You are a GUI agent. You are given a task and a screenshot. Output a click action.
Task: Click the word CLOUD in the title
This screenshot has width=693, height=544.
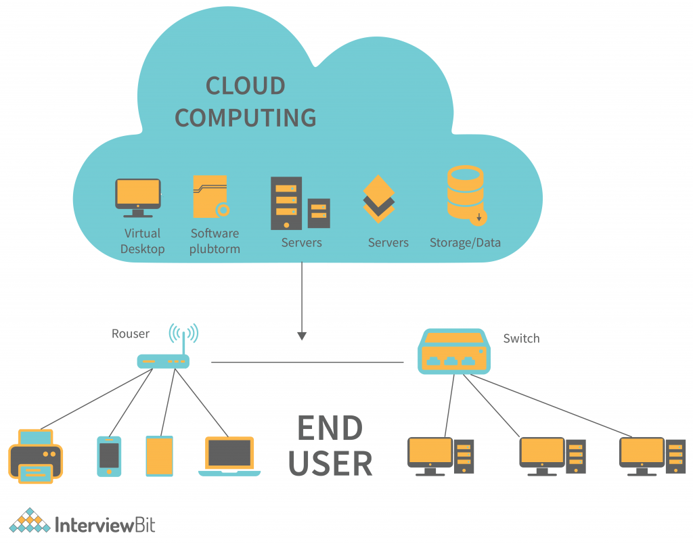point(245,86)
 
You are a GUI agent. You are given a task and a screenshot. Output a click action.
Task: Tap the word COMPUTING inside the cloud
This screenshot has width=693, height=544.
point(245,118)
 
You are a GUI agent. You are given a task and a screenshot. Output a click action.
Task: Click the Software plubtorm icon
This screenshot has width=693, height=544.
point(210,197)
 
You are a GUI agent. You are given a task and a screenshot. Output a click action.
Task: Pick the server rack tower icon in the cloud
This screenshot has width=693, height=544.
point(286,202)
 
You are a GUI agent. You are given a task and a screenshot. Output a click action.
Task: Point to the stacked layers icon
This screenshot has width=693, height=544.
point(378,200)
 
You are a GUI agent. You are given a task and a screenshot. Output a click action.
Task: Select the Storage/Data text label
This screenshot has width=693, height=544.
point(465,242)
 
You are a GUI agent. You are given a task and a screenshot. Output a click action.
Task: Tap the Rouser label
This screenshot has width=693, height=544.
point(131,334)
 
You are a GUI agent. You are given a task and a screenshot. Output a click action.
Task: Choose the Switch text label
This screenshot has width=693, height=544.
point(521,338)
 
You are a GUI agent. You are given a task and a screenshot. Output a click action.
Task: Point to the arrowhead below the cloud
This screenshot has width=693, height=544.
point(302,336)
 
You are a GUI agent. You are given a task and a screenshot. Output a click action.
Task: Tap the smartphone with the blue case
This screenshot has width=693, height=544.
point(109,456)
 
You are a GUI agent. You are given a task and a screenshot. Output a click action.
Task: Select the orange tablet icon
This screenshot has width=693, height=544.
point(159,456)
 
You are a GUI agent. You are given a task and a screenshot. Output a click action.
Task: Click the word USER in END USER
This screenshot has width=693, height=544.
point(330,463)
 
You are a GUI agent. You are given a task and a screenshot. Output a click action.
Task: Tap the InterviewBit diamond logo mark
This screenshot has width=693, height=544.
point(29,520)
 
